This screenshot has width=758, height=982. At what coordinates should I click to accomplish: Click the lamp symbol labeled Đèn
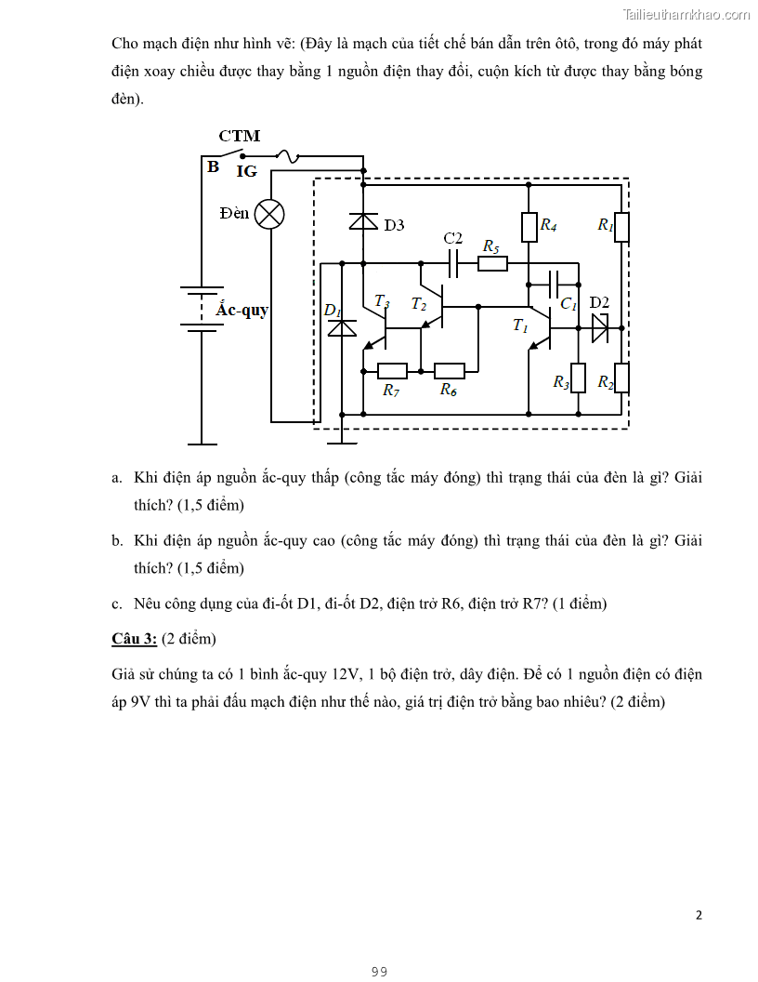pos(269,214)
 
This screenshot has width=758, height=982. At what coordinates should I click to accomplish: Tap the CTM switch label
pos(239,136)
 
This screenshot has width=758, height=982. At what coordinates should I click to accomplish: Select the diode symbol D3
pos(363,222)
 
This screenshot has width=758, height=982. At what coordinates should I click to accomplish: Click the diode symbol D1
pos(344,328)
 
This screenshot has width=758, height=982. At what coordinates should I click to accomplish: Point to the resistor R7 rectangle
pos(392,370)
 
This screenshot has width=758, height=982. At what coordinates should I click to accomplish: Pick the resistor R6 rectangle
pos(450,370)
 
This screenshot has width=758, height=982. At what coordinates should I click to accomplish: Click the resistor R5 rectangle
pos(492,264)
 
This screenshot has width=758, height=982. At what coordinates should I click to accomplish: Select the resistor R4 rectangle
pos(529,226)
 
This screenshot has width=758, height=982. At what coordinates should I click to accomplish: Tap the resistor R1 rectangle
pos(621,227)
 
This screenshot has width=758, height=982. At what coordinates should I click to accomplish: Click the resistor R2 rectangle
pos(621,378)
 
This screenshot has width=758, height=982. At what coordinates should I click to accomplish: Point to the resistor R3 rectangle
pos(578,378)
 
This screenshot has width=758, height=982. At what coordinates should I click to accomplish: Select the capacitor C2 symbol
pos(453,264)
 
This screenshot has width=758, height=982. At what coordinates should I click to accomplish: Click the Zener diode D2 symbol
pos(599,327)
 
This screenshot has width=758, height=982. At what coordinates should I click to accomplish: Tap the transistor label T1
pos(520,325)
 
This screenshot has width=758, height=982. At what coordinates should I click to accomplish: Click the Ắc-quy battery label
pos(242,311)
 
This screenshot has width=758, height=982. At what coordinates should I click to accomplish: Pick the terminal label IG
pos(246,171)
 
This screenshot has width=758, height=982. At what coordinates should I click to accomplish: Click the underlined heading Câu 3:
pos(134,639)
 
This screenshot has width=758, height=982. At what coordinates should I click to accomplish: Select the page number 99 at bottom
pos(379,972)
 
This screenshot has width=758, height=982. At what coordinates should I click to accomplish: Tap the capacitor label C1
pos(568,304)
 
